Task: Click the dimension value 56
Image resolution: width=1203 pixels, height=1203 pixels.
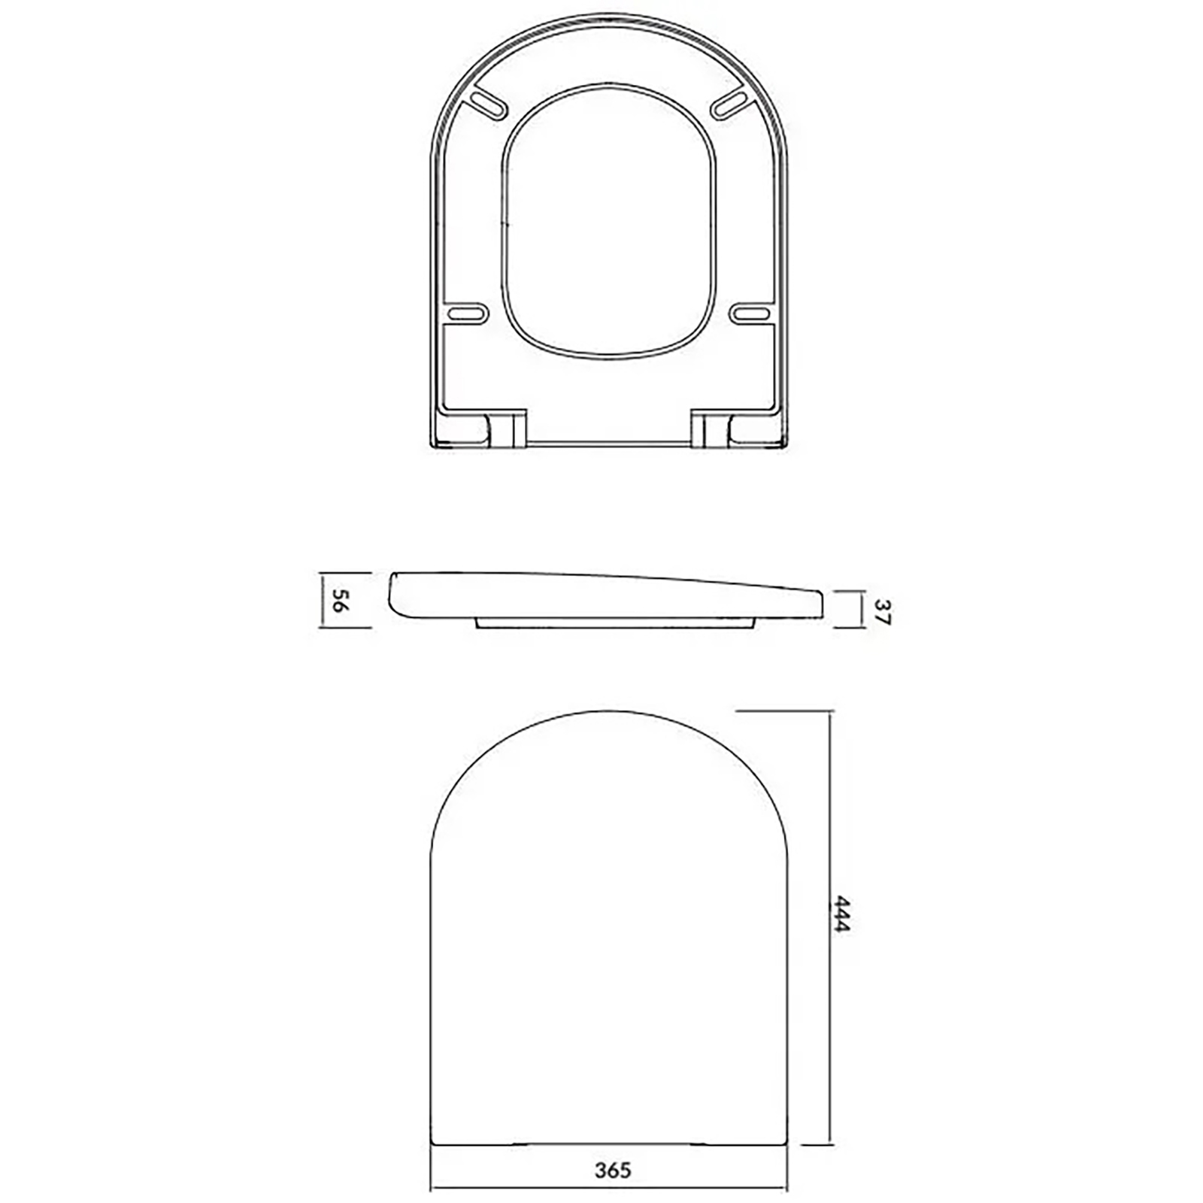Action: (x=341, y=601)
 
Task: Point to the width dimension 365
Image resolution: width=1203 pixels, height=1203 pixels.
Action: (x=613, y=1171)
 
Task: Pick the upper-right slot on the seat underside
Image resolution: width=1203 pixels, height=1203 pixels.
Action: (x=730, y=105)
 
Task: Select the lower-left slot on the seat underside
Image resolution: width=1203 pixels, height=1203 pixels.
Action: (x=466, y=312)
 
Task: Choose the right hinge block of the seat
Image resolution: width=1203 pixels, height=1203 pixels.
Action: (x=710, y=430)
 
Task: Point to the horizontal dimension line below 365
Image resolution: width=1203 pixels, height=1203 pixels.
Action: (x=609, y=1189)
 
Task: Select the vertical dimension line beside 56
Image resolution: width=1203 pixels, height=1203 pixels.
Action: (x=322, y=601)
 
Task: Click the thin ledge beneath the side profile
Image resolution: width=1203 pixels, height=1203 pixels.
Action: (x=615, y=623)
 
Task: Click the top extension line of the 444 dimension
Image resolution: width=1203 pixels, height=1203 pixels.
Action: (x=782, y=710)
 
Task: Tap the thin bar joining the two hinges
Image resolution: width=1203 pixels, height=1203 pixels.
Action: (x=609, y=444)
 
